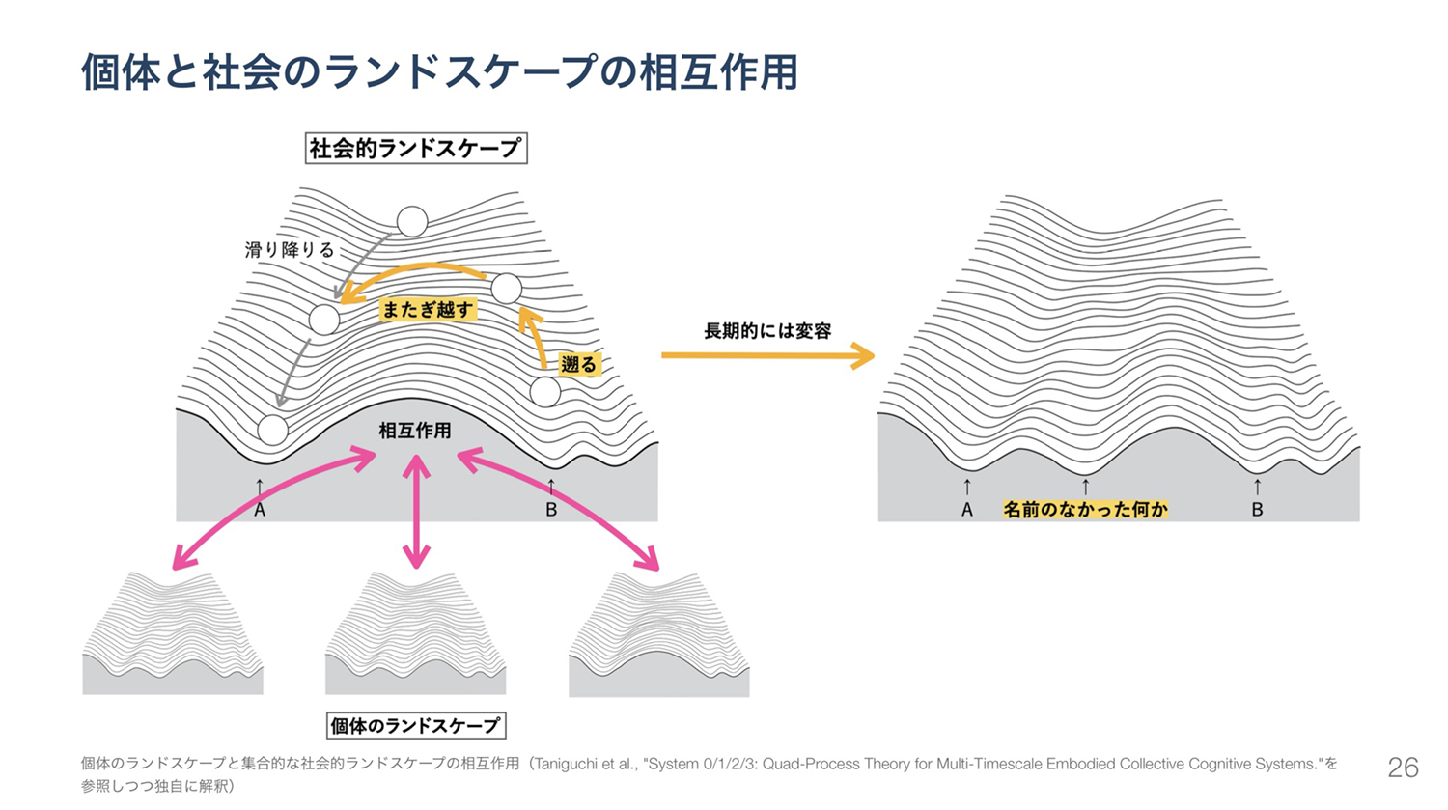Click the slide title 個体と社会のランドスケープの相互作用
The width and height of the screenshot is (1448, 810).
coord(439,71)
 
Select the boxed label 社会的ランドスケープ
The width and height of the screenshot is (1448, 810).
coord(415,148)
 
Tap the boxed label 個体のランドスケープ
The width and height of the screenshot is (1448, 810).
coord(415,725)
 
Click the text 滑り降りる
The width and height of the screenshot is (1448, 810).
coord(290,250)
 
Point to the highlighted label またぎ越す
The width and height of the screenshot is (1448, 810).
coord(428,309)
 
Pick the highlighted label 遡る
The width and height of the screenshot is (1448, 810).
coord(578,365)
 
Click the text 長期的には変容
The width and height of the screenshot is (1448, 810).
coord(767,331)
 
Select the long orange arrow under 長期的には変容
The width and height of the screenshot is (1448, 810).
coord(767,356)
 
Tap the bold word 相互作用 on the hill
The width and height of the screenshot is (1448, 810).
coord(415,431)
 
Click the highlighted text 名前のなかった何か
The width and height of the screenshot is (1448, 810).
coord(1085,509)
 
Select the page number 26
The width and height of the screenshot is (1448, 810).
coord(1403,768)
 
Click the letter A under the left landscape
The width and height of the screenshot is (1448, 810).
coord(260,510)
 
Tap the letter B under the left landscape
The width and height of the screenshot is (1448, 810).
coord(551,510)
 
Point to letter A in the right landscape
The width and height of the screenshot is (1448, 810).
coord(967,510)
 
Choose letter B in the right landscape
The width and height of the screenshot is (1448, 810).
coord(1257,510)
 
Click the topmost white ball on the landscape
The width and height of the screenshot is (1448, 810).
coord(412,221)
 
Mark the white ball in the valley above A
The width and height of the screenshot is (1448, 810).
coord(272,430)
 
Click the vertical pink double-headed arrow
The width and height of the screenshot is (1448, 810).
coord(416,512)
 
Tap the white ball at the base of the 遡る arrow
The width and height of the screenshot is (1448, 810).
coord(545,392)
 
